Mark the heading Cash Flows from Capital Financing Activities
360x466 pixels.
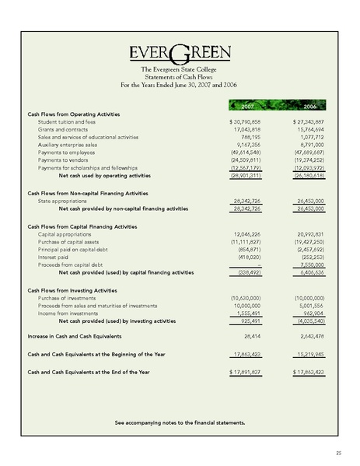coord(88,225)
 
